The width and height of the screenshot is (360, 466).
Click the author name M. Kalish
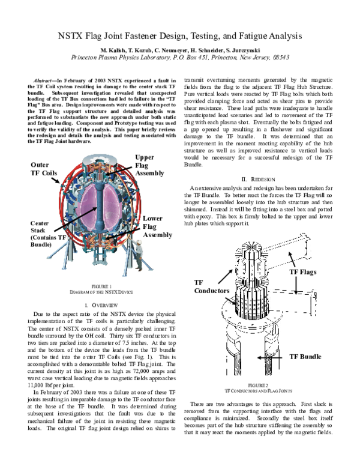tap(114, 50)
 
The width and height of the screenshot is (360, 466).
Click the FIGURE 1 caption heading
tap(100, 286)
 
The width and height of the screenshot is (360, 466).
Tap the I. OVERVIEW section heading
tap(100, 306)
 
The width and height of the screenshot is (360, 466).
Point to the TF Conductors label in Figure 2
tap(212, 286)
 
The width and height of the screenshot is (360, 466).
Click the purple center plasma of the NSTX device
tap(100, 204)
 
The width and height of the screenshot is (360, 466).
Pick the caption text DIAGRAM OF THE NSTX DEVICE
tap(100, 292)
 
